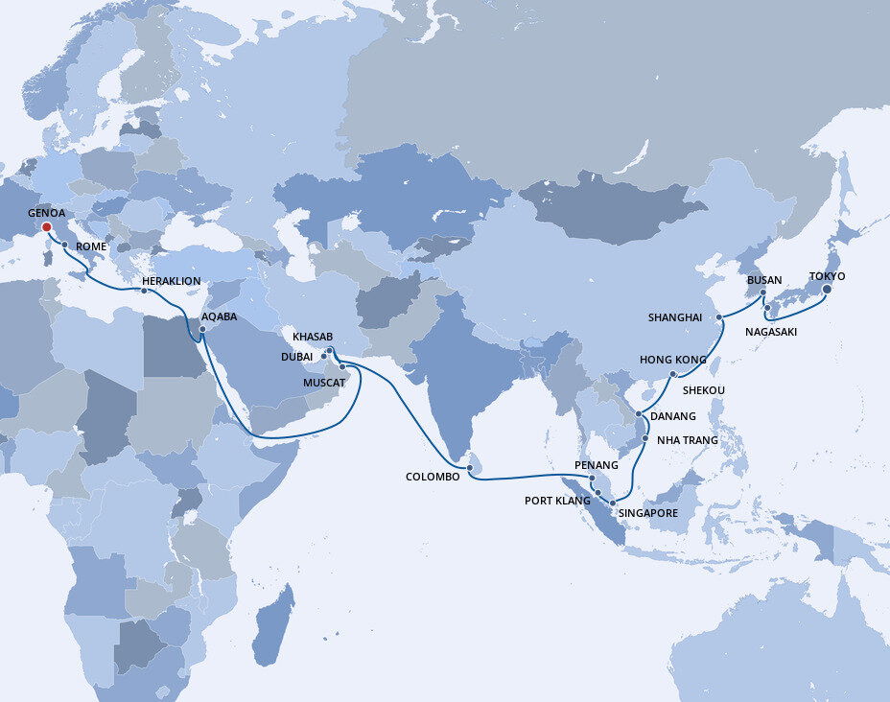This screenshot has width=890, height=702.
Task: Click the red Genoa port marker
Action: [44, 227]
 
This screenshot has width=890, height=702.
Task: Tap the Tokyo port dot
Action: [827, 290]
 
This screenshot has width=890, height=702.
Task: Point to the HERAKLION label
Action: [171, 281]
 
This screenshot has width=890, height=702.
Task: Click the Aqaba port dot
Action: [202, 332]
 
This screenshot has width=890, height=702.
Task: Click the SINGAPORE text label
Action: [649, 513]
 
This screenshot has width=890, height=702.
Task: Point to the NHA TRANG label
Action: [687, 440]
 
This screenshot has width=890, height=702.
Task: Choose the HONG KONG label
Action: [673, 360]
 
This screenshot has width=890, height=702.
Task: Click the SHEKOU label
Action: [704, 390]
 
